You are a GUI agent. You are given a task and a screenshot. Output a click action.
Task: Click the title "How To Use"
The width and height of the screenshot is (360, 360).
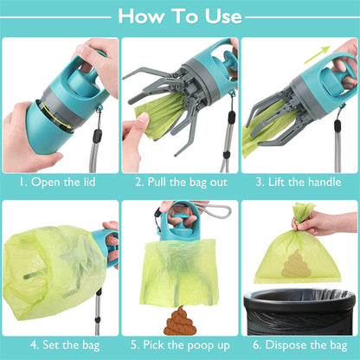179,16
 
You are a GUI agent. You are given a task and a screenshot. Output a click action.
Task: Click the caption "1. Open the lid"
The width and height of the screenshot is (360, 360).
60,183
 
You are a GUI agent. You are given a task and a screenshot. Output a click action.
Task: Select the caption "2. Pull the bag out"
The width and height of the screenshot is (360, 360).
179,183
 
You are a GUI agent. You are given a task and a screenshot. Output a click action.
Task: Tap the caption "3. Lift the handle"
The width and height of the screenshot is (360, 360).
299,183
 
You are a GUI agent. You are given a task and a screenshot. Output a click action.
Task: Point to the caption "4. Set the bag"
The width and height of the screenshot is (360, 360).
60,344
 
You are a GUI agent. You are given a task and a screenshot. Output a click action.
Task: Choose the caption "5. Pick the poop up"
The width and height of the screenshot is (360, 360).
179,344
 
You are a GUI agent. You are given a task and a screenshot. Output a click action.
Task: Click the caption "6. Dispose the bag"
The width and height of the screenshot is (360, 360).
299,344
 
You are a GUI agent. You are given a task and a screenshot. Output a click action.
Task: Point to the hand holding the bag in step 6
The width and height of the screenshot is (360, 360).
332,222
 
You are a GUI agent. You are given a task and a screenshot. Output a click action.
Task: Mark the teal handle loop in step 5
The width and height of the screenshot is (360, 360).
180,216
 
